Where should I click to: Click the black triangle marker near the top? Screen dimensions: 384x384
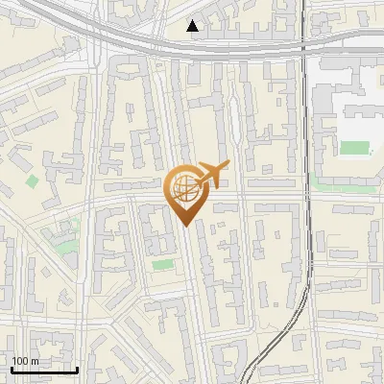pyautogui.click(x=193, y=26)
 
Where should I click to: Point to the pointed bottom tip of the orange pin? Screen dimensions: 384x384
pyautogui.click(x=185, y=226)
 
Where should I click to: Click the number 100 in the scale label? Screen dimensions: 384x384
pyautogui.click(x=19, y=360)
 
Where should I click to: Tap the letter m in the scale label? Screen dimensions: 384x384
pyautogui.click(x=35, y=360)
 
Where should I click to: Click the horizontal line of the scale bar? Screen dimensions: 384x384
pyautogui.click(x=44, y=370)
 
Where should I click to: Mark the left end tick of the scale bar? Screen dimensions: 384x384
pyautogui.click(x=12, y=368)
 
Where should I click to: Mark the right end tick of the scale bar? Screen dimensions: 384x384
pyautogui.click(x=77, y=368)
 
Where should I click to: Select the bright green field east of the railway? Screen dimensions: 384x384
pyautogui.click(x=355, y=148)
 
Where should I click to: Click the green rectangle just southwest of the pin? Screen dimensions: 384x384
pyautogui.click(x=161, y=263)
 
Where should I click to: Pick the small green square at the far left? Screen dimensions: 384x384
pyautogui.click(x=33, y=180)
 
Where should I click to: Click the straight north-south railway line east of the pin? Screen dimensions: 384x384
pyautogui.click(x=306, y=192)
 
